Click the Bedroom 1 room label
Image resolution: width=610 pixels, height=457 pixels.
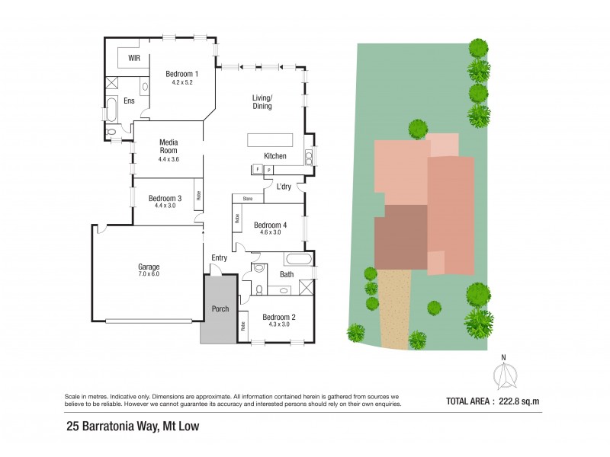182,74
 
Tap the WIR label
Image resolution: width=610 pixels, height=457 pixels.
134,58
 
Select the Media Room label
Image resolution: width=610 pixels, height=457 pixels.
169,146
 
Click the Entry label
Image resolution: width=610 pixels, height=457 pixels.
219,257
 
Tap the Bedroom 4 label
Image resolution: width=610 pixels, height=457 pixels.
270,225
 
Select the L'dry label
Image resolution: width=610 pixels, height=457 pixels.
284,187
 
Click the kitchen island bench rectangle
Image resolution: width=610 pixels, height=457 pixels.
269,139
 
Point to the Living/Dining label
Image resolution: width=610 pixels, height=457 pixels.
262,101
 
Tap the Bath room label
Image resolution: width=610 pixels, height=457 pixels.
287,274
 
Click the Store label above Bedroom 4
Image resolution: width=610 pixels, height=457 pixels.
248,200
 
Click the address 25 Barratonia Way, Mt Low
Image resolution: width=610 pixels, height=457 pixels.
133,427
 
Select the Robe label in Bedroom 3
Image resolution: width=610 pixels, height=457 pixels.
198,194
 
